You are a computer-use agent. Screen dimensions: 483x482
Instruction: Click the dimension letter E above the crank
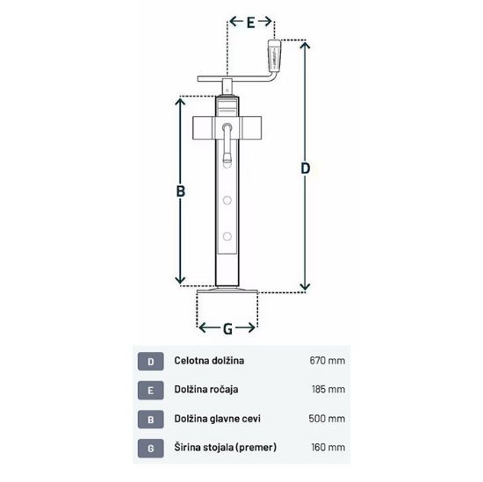[x=251, y=22]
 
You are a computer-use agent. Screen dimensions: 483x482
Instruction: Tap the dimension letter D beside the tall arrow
[x=305, y=169]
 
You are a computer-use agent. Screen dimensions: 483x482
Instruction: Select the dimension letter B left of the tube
[x=181, y=191]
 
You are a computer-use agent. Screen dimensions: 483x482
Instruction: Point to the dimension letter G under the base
[x=227, y=329]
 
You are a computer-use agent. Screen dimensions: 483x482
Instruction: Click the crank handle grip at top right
[x=274, y=55]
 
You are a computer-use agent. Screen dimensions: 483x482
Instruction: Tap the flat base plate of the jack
[x=227, y=291]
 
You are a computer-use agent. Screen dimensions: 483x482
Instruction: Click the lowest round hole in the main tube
[x=227, y=236]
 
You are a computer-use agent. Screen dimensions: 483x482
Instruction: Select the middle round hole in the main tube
[x=227, y=200]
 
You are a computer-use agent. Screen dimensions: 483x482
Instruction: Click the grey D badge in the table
[x=151, y=361]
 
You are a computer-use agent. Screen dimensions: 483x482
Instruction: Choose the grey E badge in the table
[x=151, y=390]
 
